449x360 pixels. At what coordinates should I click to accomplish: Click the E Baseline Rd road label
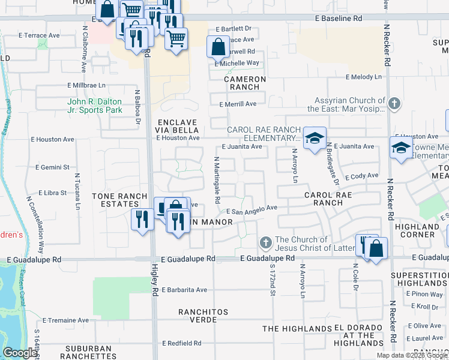[339, 19]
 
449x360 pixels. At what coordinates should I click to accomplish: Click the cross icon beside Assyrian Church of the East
[394, 104]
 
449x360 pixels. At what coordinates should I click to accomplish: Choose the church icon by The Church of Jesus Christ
[266, 243]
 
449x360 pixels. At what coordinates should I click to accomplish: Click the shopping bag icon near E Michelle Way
[218, 47]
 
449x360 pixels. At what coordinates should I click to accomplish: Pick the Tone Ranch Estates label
[119, 200]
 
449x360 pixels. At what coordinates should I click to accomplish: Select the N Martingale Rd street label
[217, 179]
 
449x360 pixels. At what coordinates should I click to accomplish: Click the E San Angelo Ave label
[252, 209]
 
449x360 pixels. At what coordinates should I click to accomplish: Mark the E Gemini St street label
[53, 167]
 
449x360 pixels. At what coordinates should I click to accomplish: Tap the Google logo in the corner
[20, 353]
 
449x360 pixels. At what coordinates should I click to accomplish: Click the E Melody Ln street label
[363, 77]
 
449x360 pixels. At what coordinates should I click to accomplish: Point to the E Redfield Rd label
[181, 343]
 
